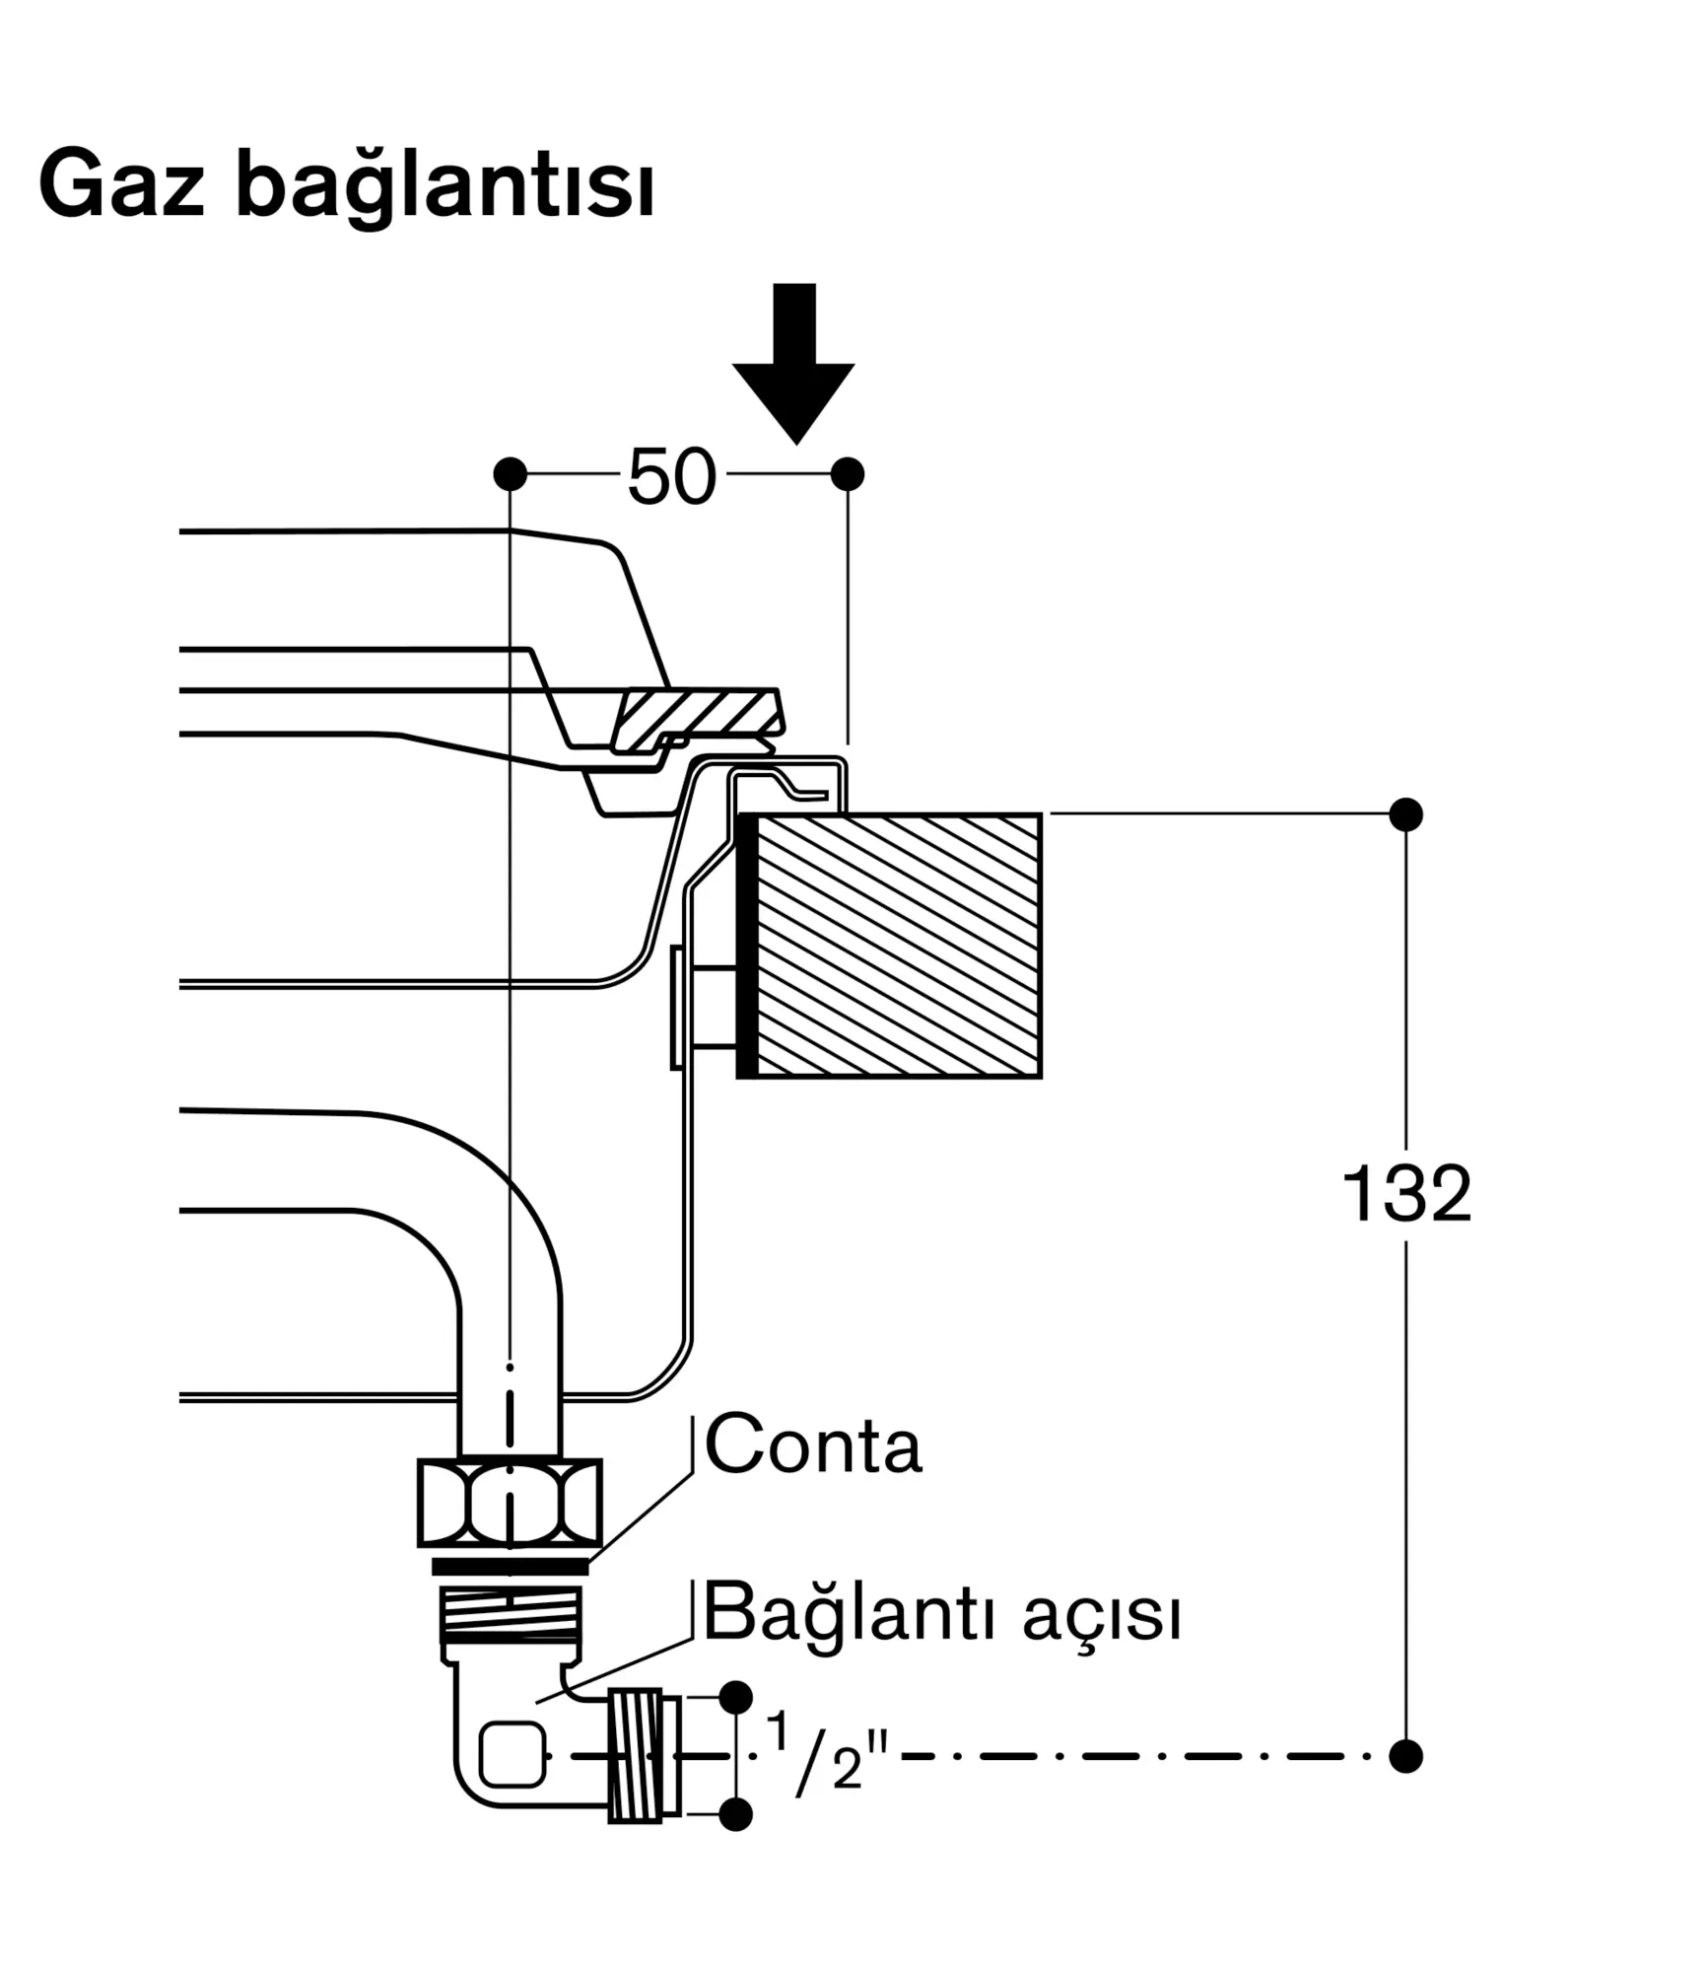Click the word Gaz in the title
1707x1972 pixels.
click(121, 183)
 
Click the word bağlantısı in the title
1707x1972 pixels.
click(444, 188)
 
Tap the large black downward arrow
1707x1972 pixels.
click(793, 363)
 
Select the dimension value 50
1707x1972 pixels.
click(671, 477)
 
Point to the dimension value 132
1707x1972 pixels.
click(1406, 1193)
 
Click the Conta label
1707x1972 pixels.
click(813, 1445)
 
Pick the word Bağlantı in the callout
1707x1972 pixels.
click(845, 1615)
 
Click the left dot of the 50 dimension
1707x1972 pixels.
click(510, 474)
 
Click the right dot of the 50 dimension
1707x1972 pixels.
click(848, 474)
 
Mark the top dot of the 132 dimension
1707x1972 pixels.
click(1406, 815)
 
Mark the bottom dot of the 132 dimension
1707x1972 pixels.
click(1406, 1756)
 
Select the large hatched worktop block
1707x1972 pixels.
click(890, 946)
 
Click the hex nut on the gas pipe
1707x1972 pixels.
click(510, 1504)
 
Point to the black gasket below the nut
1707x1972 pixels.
click(511, 1567)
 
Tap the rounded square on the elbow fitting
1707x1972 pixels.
click(512, 1754)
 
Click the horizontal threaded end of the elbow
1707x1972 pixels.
click(645, 1755)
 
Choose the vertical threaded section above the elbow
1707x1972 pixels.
click(511, 1614)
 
